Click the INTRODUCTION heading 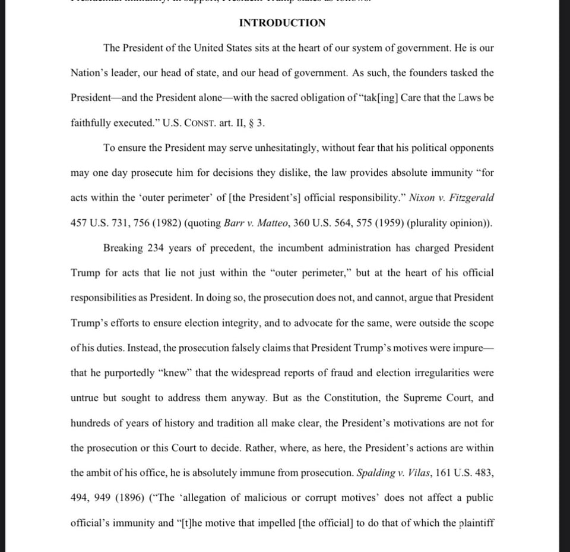(282, 23)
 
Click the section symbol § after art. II (251, 123)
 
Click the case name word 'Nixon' (422, 198)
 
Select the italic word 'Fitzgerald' (473, 198)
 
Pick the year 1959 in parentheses (370, 223)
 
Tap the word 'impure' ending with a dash (468, 348)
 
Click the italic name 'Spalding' (376, 473)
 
